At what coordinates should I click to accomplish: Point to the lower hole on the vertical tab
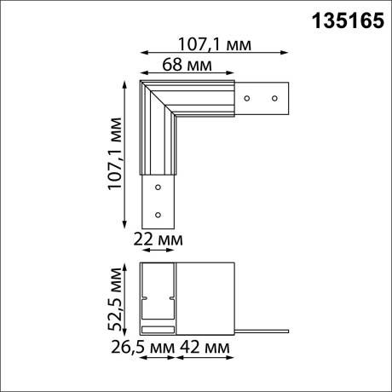[x=157, y=214]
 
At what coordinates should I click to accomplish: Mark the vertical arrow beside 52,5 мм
[x=127, y=297]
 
